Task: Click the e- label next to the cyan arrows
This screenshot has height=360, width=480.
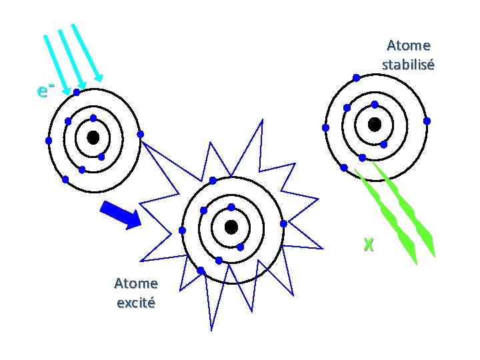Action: tap(45, 89)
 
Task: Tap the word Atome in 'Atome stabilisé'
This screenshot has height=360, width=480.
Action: tap(409, 45)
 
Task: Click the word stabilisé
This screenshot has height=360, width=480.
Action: tap(408, 65)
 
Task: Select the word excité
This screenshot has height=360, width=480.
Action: tap(135, 303)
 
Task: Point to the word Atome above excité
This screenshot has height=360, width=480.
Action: tap(135, 283)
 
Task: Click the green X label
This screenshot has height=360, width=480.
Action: tap(369, 245)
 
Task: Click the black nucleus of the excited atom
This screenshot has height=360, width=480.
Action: tap(231, 227)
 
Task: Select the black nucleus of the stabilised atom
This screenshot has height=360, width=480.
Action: tap(375, 125)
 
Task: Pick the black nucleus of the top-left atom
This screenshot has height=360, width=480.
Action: tap(93, 137)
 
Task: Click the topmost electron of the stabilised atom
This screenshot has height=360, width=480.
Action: tap(357, 78)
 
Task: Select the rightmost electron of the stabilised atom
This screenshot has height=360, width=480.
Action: tap(427, 121)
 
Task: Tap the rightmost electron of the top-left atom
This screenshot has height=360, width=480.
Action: tap(140, 134)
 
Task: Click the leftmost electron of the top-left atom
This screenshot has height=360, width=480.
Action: tap(49, 141)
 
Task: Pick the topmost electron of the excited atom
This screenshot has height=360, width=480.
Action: tap(213, 181)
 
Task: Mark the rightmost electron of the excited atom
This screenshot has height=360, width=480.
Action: tap(283, 223)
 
